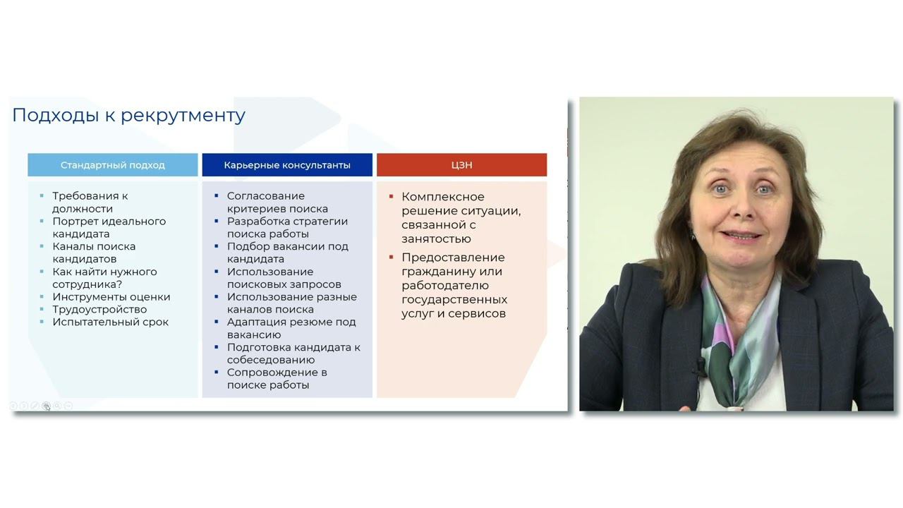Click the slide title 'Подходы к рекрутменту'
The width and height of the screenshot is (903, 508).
129,115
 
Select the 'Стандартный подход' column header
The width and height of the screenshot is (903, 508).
113,165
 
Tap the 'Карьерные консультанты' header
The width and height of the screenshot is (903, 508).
287,165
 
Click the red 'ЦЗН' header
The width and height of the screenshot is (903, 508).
462,165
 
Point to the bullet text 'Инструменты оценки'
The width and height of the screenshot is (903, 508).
111,297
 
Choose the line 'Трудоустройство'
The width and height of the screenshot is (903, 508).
99,310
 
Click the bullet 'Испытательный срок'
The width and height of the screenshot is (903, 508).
111,322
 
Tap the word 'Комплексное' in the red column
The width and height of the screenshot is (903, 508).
443,197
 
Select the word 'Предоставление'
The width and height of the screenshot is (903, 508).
453,258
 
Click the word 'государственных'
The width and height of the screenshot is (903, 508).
454,300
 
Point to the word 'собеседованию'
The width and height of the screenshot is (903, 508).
271,360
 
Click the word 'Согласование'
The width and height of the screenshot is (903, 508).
266,196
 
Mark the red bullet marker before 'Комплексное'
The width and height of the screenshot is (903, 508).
391,196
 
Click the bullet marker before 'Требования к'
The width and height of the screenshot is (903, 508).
42,195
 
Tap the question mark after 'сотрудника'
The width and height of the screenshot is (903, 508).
119,284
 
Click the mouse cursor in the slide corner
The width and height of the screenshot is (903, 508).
47,407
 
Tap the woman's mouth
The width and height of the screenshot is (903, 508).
741,235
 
